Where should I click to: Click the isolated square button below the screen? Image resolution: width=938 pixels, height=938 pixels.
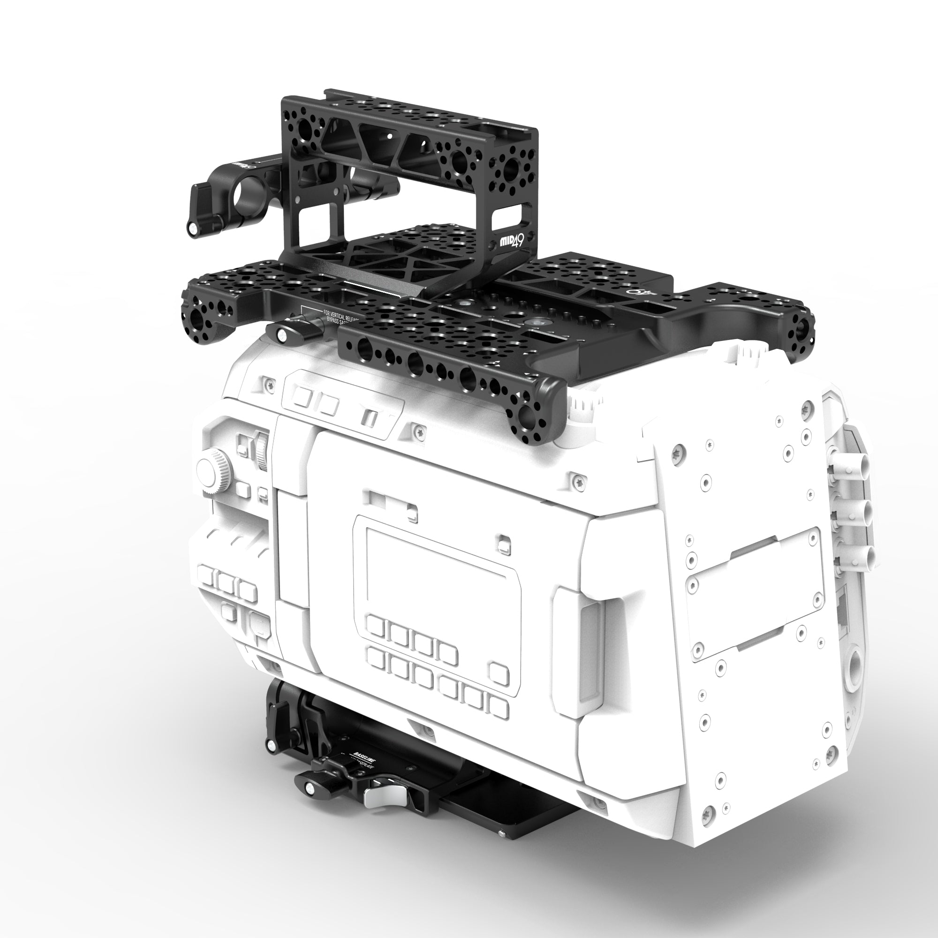click(499, 673)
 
